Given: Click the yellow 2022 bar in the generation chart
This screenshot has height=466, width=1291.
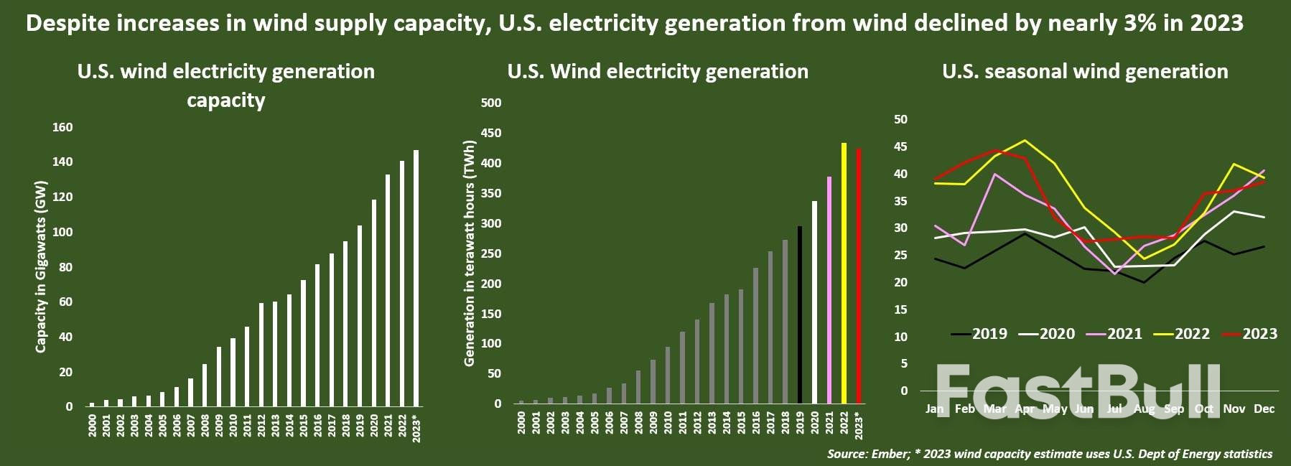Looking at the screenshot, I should [844, 273].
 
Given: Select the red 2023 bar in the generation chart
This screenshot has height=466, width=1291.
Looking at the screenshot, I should [859, 276].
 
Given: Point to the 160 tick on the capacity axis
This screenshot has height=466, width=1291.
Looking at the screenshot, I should [62, 127].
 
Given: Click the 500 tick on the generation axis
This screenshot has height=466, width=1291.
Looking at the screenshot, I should [491, 103].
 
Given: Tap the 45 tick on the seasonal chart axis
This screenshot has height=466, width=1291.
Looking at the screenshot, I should [900, 146].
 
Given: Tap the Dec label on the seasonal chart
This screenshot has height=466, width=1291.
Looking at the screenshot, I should [1264, 409].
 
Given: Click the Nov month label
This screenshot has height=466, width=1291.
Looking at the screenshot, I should [1234, 409].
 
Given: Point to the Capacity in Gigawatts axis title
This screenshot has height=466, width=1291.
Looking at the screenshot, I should [41, 266].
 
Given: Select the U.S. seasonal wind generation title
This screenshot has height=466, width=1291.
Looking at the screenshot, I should [1085, 71].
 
